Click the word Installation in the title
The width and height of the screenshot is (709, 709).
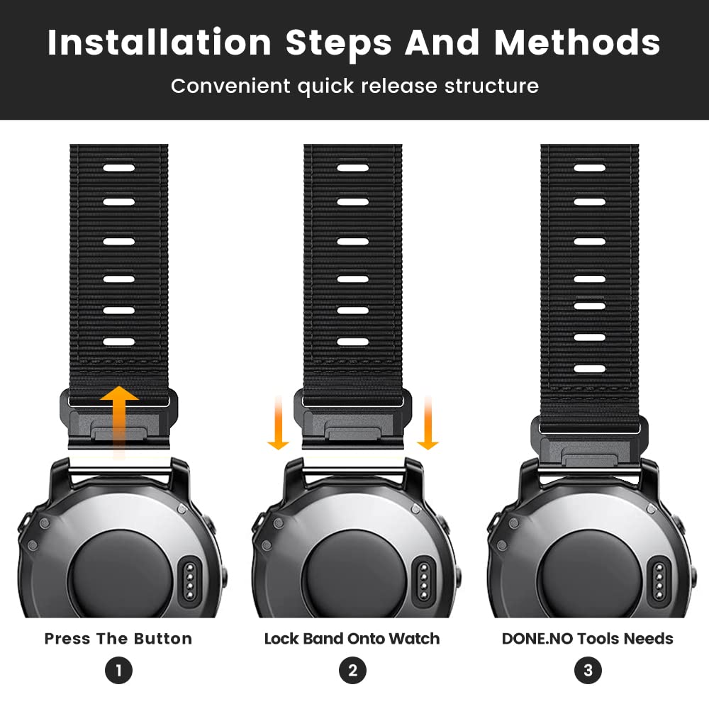click(159, 43)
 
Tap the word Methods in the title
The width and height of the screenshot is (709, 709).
click(577, 43)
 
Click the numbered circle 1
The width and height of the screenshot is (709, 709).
click(118, 670)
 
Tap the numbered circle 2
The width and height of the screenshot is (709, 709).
click(352, 670)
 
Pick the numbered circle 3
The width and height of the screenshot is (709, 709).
click(588, 670)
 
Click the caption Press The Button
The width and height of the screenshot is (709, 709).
click(118, 639)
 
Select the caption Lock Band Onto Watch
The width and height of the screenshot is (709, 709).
click(352, 639)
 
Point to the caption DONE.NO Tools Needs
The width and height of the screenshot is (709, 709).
click(588, 639)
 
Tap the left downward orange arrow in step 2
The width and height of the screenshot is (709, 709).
click(279, 423)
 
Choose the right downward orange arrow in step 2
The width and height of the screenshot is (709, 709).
click(428, 423)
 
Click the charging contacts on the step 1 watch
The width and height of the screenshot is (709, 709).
click(190, 581)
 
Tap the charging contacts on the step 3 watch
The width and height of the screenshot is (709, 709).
click(659, 581)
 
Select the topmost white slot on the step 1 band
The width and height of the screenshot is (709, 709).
click(119, 168)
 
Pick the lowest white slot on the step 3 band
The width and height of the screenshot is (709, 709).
click(590, 369)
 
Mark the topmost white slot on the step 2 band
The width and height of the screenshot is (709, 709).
click(352, 168)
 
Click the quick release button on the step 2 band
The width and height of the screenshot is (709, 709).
click(353, 434)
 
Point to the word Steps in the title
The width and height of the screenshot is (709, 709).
click(339, 43)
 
